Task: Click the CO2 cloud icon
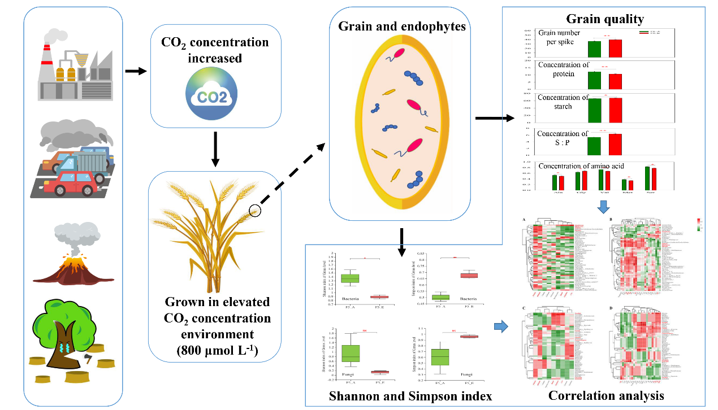(x=215, y=95)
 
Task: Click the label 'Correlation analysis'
(x=606, y=395)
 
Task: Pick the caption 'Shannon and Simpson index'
(x=410, y=396)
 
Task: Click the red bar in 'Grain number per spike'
(x=615, y=49)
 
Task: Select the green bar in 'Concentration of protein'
(x=594, y=80)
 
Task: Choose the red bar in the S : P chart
(x=615, y=144)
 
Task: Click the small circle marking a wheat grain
(x=255, y=211)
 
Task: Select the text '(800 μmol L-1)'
(x=215, y=350)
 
